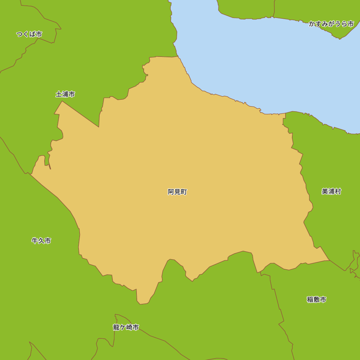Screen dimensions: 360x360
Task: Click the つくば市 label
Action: (29, 34)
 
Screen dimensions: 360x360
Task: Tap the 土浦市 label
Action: (65, 94)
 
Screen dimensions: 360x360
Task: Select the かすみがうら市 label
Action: (331, 24)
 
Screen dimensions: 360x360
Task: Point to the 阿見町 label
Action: (177, 192)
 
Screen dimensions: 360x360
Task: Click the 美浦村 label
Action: (331, 192)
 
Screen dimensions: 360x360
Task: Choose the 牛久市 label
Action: (41, 241)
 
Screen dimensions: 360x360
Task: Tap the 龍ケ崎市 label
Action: (126, 327)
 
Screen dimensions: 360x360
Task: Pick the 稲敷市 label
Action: (316, 300)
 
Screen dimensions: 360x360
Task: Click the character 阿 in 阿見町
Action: (171, 192)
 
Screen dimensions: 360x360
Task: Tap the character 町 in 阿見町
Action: (184, 192)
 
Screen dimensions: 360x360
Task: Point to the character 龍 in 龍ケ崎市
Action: (116, 327)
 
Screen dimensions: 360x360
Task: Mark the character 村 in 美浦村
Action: (338, 192)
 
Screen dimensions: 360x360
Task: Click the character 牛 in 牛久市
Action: (35, 241)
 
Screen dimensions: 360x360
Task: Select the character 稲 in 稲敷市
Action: (310, 300)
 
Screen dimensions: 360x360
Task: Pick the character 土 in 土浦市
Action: (59, 94)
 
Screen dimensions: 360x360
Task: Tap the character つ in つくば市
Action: (20, 34)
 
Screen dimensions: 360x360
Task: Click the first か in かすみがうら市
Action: (312, 24)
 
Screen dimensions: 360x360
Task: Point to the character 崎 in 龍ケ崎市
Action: (129, 327)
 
